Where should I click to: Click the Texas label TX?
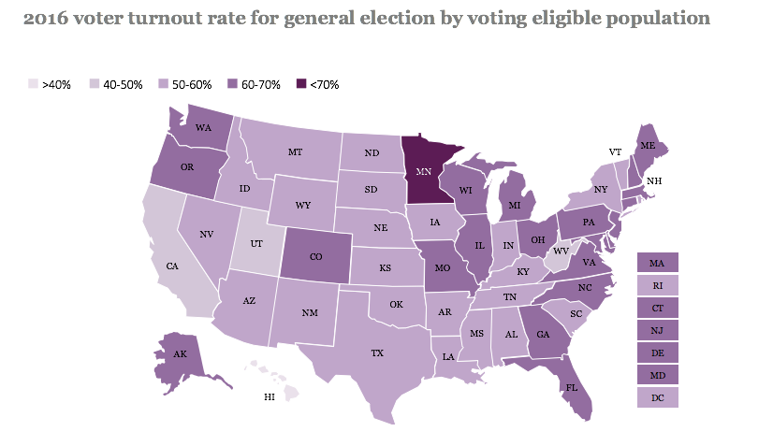[377, 353]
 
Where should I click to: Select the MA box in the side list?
[656, 262]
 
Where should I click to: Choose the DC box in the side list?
[656, 397]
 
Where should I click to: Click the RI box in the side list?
[656, 284]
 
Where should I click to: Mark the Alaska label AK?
[180, 354]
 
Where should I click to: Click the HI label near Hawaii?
[269, 397]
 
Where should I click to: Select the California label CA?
[172, 266]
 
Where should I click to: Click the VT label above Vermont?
[615, 151]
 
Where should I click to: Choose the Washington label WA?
[201, 128]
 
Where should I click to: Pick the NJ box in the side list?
[656, 330]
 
